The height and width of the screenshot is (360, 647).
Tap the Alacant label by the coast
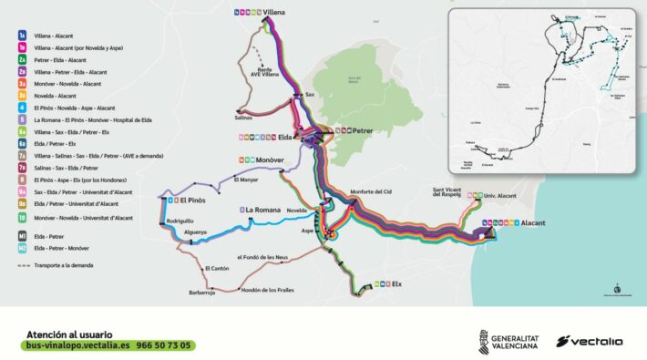tap(534, 222)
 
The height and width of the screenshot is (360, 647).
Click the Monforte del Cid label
tap(369, 191)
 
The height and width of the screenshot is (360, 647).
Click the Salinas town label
tap(243, 117)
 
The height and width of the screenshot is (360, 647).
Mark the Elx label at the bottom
tap(395, 284)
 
